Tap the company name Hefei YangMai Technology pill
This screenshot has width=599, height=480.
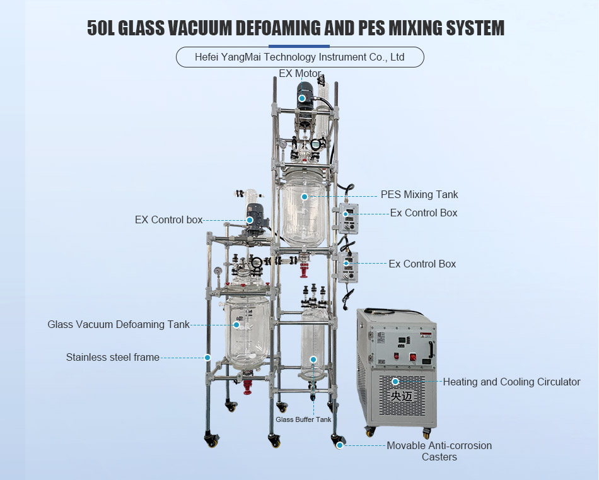point(299,57)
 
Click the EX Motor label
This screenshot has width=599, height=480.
point(300,74)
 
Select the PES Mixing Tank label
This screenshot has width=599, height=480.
point(419,194)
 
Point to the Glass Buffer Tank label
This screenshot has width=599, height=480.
point(303,419)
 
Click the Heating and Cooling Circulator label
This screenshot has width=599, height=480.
point(511,382)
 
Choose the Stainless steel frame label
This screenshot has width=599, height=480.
point(112,357)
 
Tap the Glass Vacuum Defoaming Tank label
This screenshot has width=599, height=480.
point(119,324)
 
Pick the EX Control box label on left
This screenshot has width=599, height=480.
point(169,220)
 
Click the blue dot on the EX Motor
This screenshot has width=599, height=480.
point(303,98)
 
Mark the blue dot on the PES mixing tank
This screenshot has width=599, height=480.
point(305,197)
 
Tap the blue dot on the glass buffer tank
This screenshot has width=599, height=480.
point(313,360)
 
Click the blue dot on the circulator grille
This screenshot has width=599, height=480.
point(395,381)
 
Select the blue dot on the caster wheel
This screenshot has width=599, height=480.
point(340,445)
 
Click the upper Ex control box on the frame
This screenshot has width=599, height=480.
point(348,218)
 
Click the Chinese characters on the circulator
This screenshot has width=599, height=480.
point(395,397)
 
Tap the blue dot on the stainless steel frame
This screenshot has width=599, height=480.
point(207,357)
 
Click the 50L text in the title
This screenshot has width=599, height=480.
point(101,28)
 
